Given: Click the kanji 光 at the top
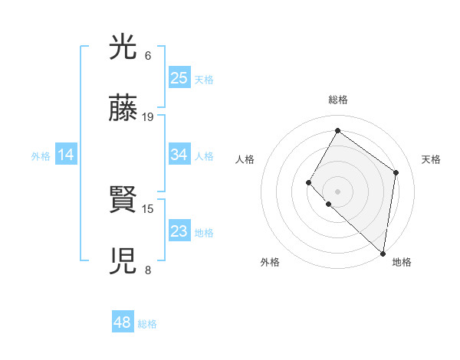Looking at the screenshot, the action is pos(123,49).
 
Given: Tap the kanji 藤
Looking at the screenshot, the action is pos(123,110).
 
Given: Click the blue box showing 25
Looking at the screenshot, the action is pos(179,77).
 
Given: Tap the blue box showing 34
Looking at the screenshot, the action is pos(179,155).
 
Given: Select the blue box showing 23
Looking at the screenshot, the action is pos(179,231).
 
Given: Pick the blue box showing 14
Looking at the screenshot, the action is pos(66,155).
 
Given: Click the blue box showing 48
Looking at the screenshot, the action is pos(123,322).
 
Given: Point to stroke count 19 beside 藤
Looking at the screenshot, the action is pos(148,117).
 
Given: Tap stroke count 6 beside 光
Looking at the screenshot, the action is pos(148,56).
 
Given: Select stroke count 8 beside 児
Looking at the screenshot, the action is pos(148,270).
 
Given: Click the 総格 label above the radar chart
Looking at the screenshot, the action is pos(337,100).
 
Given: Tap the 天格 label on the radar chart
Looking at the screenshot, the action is pos(432,159).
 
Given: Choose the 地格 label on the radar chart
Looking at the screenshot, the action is pos(402,263).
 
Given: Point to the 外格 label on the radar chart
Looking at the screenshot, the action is pos(270,263).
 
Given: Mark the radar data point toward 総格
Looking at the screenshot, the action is pos(337,130).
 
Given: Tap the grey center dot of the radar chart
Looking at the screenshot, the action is pos(337,191).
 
